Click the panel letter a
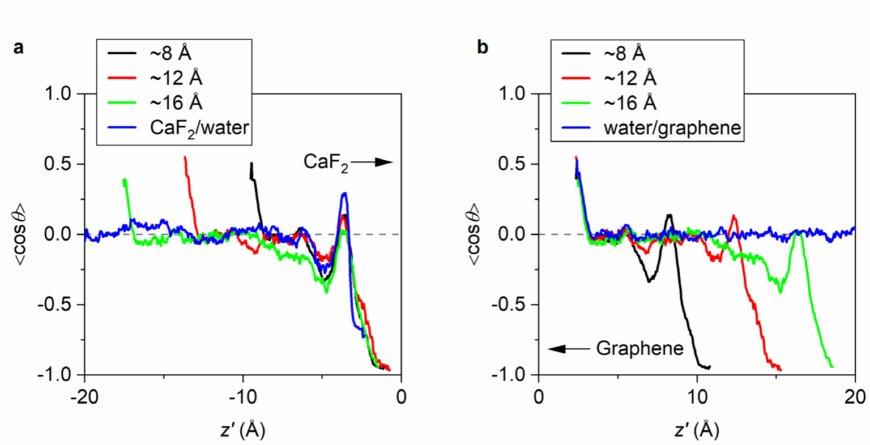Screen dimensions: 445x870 19,48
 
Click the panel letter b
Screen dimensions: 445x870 483,48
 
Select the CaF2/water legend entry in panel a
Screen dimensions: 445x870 199,127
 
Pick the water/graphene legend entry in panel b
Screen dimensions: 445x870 672,127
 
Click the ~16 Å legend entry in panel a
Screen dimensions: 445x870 176,102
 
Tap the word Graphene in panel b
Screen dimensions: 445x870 639,348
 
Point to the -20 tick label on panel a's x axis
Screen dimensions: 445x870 84,397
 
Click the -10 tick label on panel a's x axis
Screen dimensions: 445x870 243,397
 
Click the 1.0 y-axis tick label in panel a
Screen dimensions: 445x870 58,93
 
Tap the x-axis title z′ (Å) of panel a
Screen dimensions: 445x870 242,430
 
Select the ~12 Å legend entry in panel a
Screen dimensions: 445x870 176,78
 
